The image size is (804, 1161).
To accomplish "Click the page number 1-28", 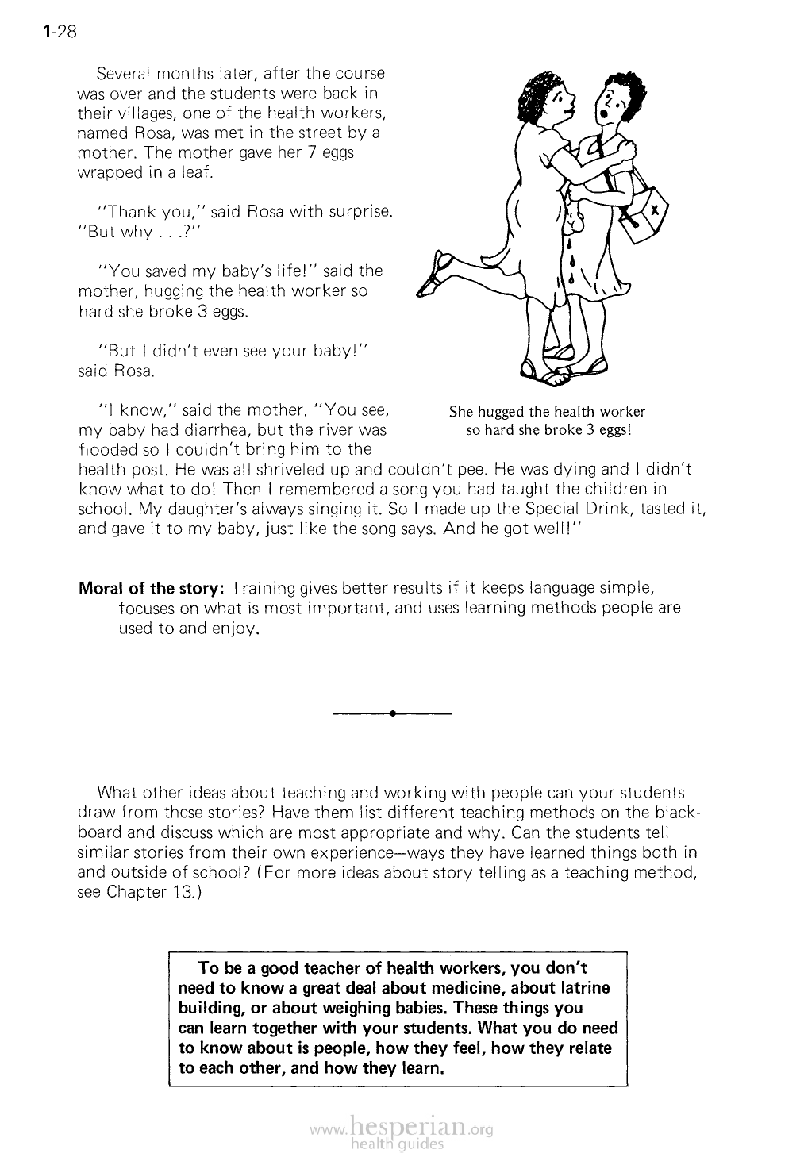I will pos(60,32).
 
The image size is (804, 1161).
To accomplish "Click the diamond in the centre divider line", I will pos(393,714).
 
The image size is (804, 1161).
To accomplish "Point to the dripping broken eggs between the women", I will pos(574,246).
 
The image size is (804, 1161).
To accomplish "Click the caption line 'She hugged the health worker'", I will pos(547,412).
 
